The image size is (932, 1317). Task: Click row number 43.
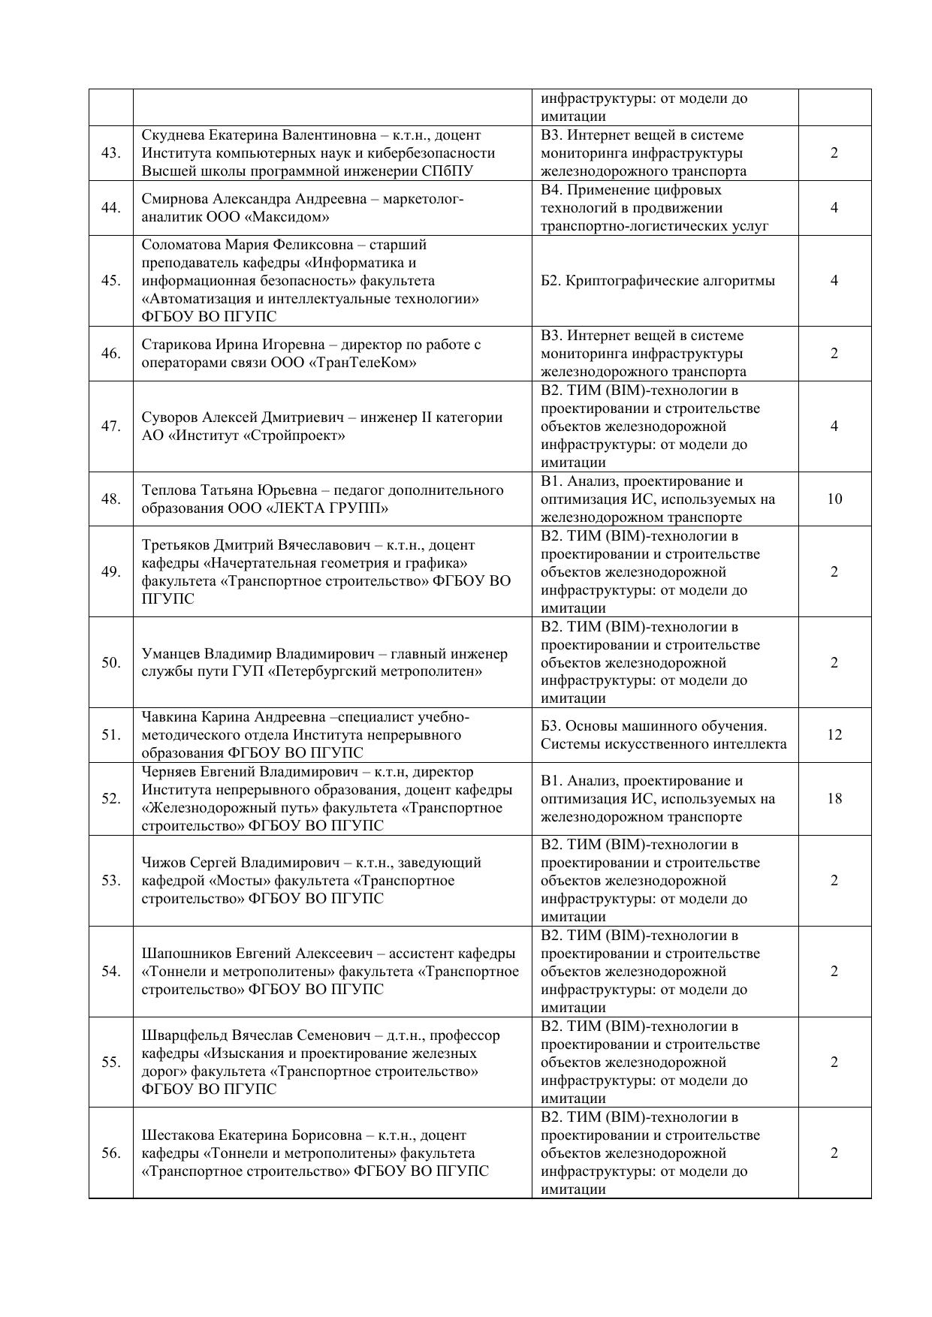pyautogui.click(x=111, y=153)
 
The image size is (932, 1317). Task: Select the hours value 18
pyautogui.click(x=834, y=799)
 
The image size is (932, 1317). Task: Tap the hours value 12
pyautogui.click(x=834, y=735)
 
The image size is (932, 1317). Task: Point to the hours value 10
pyautogui.click(x=834, y=499)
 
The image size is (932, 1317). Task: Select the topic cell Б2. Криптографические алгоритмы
pyautogui.click(x=658, y=281)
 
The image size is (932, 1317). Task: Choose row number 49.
pyautogui.click(x=111, y=572)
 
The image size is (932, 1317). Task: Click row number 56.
pyautogui.click(x=111, y=1153)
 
